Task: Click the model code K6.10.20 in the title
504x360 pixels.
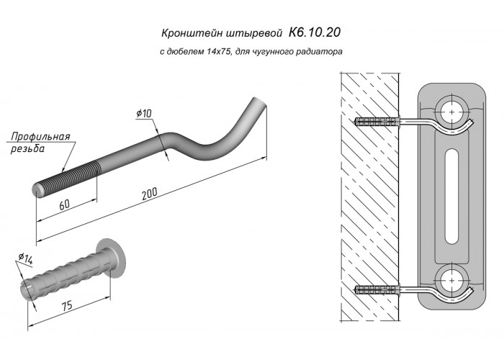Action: coord(315,32)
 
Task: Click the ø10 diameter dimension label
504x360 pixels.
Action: coord(144,113)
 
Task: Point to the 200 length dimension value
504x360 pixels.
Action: coord(150,194)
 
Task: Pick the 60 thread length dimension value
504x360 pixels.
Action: coord(65,204)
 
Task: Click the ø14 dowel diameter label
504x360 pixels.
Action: coord(26,258)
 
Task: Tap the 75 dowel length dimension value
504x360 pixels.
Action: coord(67,306)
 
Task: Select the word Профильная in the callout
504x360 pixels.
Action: coord(40,137)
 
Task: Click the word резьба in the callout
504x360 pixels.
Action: coord(27,149)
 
